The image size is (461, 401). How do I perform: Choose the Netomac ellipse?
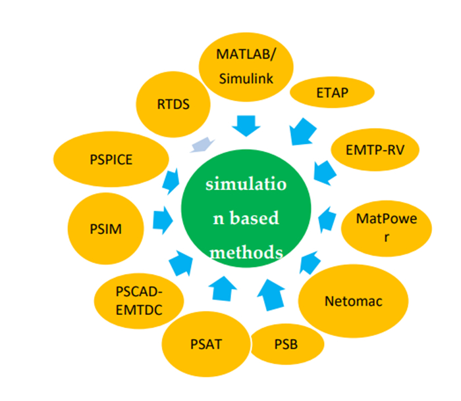point(353,302)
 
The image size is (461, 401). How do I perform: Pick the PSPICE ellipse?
point(111,160)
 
